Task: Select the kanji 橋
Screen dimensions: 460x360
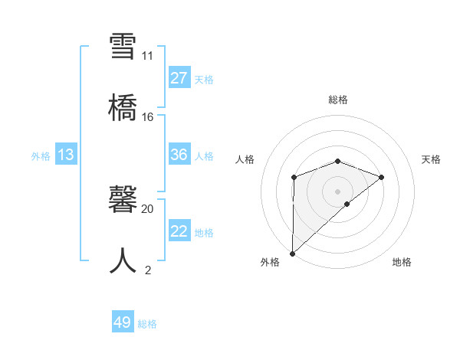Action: [x=124, y=106]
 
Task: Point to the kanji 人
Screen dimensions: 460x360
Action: [x=124, y=260]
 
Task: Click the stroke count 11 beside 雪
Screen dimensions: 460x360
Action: [x=147, y=56]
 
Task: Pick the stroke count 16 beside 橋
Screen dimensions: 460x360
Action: [x=147, y=117]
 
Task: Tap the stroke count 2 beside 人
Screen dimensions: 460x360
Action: [x=147, y=270]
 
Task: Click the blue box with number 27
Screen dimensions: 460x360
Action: [x=179, y=78]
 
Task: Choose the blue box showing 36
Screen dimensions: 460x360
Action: [x=179, y=155]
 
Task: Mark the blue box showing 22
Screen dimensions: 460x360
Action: [x=179, y=231]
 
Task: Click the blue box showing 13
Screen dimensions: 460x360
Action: [x=66, y=155]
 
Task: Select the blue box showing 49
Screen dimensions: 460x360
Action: [x=123, y=322]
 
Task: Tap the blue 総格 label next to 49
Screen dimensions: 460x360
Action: [x=147, y=324]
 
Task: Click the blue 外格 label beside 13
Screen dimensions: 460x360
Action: [x=41, y=156]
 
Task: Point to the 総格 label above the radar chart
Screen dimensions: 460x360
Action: [x=338, y=100]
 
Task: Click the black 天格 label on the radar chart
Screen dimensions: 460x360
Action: [x=432, y=159]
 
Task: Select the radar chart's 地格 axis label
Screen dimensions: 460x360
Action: [x=402, y=262]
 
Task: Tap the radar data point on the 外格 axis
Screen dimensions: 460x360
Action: [x=292, y=253]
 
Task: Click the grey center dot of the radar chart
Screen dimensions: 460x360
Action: [x=338, y=191]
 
